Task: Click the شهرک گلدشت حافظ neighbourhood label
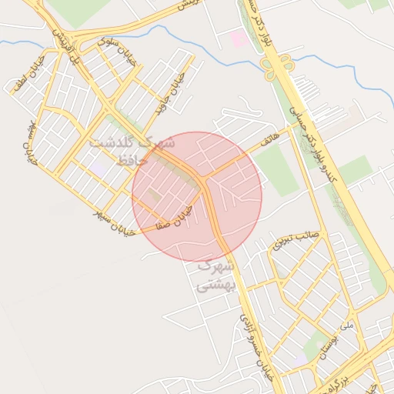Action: (132, 151)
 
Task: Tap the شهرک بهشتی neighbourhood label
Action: (212, 275)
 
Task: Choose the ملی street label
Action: (346, 326)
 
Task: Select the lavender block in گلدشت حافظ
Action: (98, 165)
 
